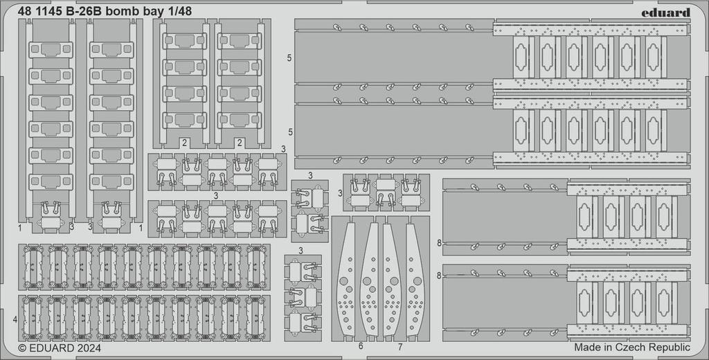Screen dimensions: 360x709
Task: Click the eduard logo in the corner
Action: click(665, 12)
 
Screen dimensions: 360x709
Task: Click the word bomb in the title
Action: click(125, 11)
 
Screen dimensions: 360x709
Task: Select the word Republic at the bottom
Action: click(670, 347)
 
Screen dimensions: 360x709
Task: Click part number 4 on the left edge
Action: click(15, 320)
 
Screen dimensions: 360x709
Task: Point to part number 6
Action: click(360, 345)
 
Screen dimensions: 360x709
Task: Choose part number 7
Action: click(400, 345)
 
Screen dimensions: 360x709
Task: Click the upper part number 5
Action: click(289, 58)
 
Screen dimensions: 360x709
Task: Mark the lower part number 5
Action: click(289, 131)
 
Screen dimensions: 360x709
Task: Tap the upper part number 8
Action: click(439, 242)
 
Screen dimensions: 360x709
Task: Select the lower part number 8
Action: click(439, 275)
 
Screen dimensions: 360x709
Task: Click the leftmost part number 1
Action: click(21, 226)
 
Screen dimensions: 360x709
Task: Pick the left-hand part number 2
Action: click(183, 143)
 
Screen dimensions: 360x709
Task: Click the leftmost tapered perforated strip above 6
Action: click(348, 277)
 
